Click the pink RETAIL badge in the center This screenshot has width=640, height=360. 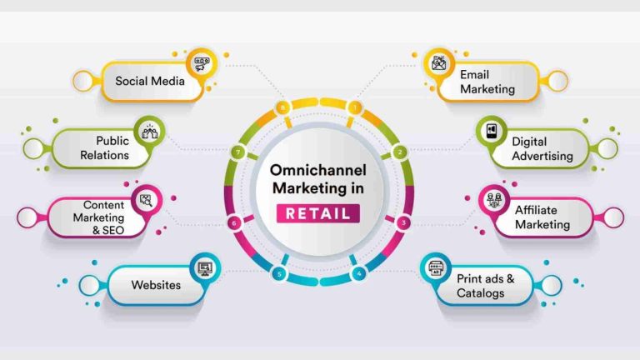click(x=318, y=213)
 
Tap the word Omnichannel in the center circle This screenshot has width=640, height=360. click(x=318, y=170)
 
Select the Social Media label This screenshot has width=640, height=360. click(x=150, y=81)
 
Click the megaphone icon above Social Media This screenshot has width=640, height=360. click(x=201, y=64)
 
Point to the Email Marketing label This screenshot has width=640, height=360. click(x=487, y=82)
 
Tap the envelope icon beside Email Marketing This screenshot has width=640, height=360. click(x=439, y=63)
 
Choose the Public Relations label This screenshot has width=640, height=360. click(x=104, y=147)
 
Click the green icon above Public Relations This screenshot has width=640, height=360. click(x=149, y=132)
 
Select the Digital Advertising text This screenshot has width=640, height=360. click(x=542, y=148)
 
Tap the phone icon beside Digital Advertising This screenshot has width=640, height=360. click(x=492, y=131)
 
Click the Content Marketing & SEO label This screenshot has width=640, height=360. click(x=98, y=217)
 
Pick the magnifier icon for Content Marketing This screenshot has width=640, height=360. click(x=146, y=200)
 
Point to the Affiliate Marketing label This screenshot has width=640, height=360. click(x=542, y=217)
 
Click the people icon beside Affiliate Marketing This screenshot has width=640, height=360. click(x=494, y=200)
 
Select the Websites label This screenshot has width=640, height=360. click(x=156, y=285)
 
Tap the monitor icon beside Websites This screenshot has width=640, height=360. click(x=205, y=268)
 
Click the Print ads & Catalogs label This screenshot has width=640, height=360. click(x=485, y=286)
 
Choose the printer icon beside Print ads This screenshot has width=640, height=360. click(x=436, y=268)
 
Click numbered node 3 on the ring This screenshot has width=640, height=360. click(x=403, y=222)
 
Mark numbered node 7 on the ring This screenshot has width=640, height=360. click(x=237, y=152)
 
